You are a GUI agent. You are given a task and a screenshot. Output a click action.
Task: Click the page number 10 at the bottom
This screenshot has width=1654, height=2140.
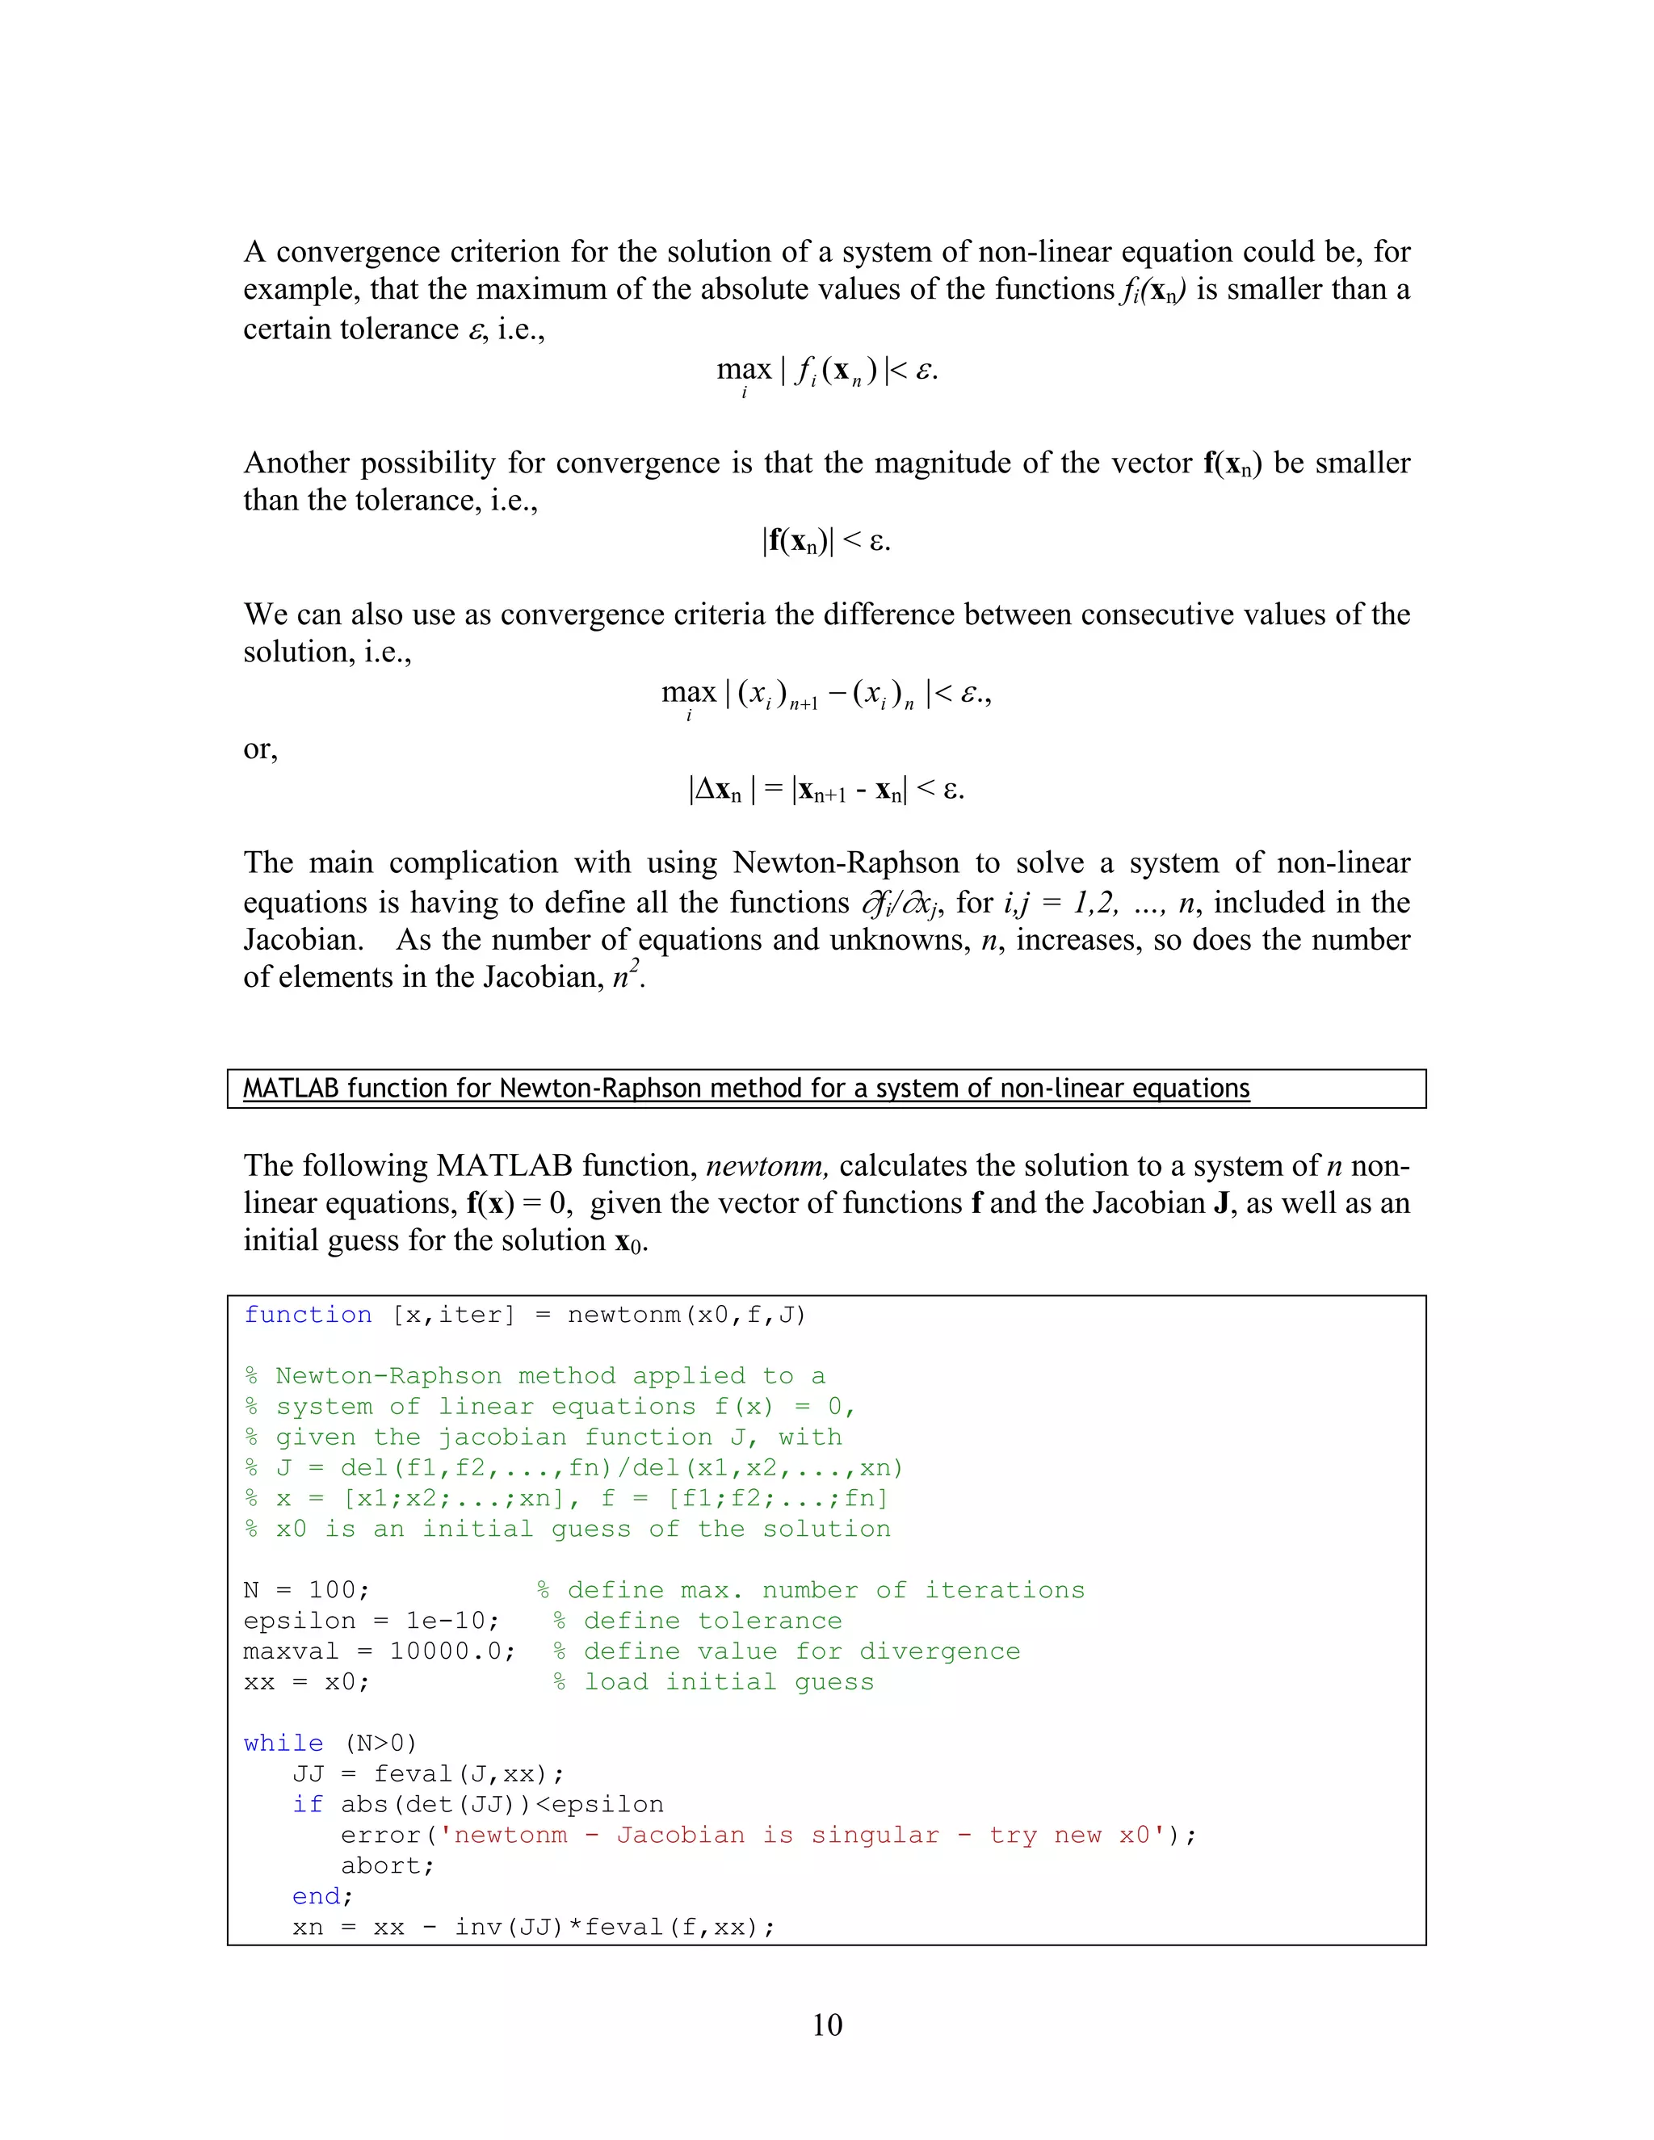[x=827, y=2025]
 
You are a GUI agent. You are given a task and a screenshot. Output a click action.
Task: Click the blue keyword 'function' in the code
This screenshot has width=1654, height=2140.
[x=308, y=1315]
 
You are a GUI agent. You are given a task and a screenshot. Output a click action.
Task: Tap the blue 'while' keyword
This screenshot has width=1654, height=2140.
[x=283, y=1743]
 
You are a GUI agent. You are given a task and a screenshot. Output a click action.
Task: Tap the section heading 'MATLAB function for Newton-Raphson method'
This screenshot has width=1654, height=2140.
[x=745, y=1089]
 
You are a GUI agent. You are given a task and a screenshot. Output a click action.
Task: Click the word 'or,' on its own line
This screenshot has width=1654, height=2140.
[x=261, y=749]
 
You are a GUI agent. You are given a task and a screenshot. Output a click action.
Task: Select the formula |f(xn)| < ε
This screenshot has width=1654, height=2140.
[x=827, y=541]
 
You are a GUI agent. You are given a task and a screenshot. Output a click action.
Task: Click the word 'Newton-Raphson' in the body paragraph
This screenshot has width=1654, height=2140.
[x=846, y=863]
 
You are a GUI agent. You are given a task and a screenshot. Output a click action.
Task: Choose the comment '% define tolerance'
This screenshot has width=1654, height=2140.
[x=698, y=1621]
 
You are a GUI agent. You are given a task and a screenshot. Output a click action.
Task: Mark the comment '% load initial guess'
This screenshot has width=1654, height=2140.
[x=713, y=1681]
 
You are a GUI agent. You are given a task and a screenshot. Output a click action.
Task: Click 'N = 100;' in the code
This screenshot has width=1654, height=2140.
[x=306, y=1590]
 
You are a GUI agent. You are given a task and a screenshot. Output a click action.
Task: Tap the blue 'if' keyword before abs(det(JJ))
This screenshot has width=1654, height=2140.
[x=307, y=1805]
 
